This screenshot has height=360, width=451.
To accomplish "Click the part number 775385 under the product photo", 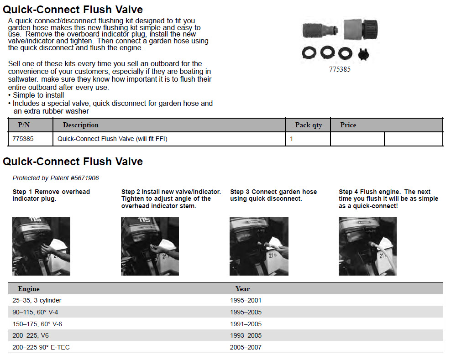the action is point(340,69).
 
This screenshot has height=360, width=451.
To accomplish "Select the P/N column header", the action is point(24,125).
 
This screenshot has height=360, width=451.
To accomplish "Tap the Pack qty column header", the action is point(309,125).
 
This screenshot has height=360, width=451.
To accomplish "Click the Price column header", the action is point(348,125).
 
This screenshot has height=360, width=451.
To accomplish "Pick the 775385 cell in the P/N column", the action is point(23,139).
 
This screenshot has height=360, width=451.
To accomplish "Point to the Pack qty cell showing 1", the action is point(291,139).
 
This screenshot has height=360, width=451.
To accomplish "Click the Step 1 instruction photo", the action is point(42,246).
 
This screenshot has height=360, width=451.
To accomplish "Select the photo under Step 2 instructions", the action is point(150,246).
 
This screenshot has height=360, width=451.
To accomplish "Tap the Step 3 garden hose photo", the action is point(259,246).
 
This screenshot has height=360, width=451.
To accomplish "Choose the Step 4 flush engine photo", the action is point(367,246).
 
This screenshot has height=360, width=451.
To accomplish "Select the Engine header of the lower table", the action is point(29,289).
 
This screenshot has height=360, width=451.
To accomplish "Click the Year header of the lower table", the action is point(242,289).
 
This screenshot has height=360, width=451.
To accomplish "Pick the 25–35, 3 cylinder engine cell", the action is point(37,301).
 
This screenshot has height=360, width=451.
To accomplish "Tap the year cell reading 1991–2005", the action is point(246,324).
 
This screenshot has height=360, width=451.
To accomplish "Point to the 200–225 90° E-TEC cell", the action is point(41,347).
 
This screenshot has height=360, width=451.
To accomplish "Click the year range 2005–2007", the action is point(246,347).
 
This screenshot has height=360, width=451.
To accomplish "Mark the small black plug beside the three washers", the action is point(363,54).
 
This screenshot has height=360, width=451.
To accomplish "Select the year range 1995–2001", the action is point(246,301).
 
